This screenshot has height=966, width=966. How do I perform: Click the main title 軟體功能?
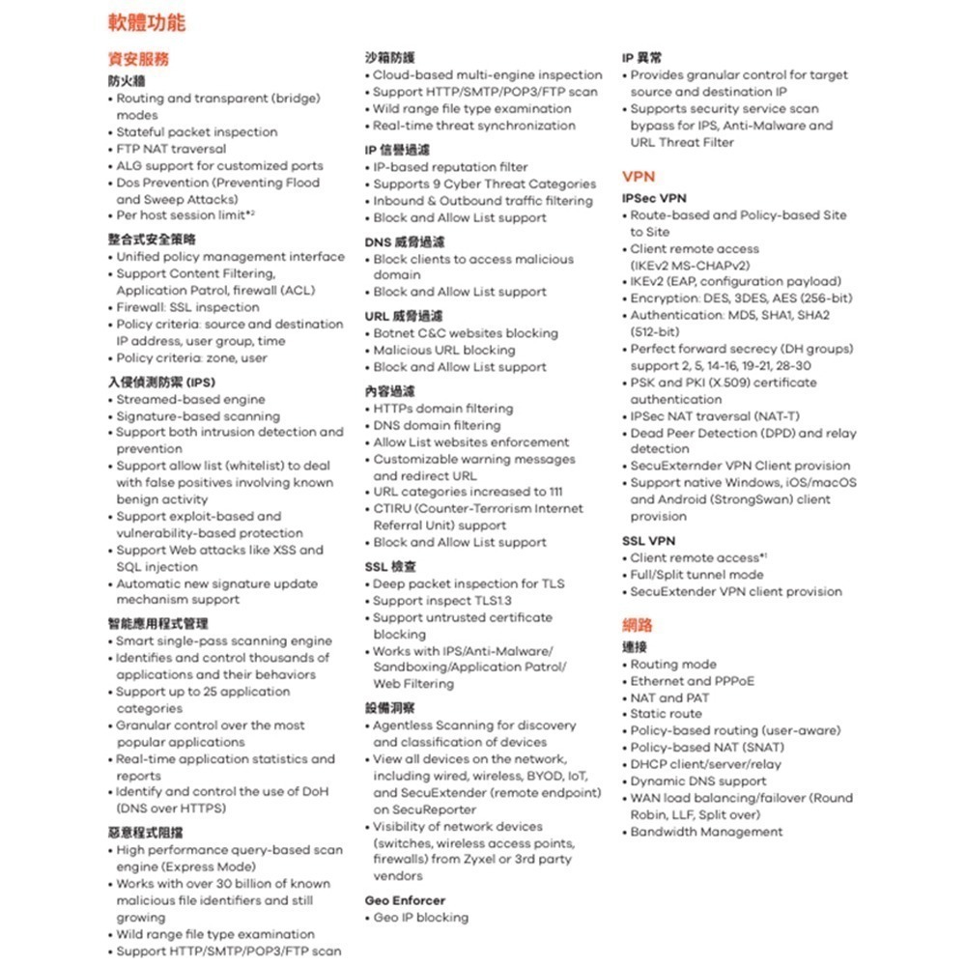click(146, 22)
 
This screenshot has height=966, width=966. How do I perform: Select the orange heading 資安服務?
click(137, 58)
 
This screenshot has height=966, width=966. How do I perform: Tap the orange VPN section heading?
click(639, 176)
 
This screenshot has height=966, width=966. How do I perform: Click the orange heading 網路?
click(638, 625)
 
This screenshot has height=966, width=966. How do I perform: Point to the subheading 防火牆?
click(126, 81)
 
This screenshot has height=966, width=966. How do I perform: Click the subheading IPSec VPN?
click(654, 198)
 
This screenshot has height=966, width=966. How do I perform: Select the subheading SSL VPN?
click(648, 541)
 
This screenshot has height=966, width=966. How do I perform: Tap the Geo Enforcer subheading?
click(405, 900)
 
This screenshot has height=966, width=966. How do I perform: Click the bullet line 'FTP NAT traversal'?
click(171, 149)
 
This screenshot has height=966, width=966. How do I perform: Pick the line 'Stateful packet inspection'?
click(196, 131)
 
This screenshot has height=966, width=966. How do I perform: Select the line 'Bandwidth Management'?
click(706, 832)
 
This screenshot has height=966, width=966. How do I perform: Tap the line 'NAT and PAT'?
click(669, 697)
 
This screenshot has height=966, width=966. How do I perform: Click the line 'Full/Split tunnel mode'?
click(696, 575)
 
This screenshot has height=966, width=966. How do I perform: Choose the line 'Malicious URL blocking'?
click(444, 350)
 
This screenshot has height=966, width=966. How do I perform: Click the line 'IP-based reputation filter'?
click(450, 166)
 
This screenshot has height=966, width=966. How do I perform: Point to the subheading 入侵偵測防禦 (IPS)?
click(160, 382)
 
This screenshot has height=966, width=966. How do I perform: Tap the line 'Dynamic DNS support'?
click(698, 781)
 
